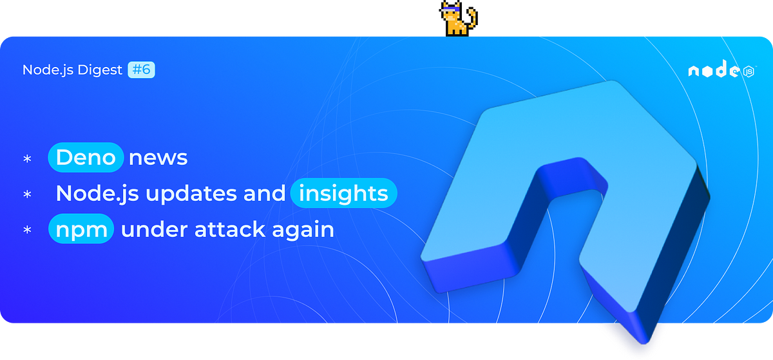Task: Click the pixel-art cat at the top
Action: (458, 18)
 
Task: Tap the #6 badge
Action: (142, 70)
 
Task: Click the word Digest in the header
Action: (100, 70)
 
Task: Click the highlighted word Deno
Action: (86, 157)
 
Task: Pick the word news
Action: (158, 158)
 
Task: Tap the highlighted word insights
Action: (344, 193)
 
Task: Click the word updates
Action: (191, 194)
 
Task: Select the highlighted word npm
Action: (81, 229)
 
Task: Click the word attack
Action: (230, 229)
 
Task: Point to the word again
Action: (303, 231)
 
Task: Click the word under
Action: (154, 229)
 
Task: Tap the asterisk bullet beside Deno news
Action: (27, 159)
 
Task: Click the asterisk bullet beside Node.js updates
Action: (27, 194)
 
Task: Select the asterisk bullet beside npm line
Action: (27, 230)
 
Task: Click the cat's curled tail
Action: (473, 18)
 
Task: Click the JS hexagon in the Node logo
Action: (749, 71)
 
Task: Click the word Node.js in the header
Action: (48, 70)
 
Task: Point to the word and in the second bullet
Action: (264, 193)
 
